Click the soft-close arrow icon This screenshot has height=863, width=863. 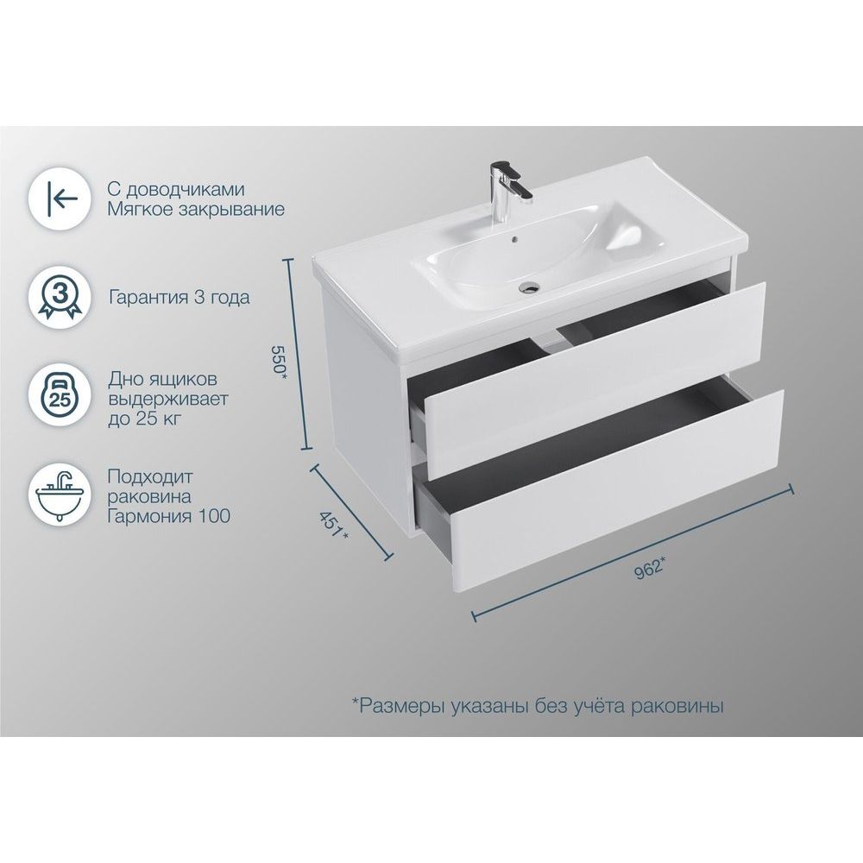pyautogui.click(x=61, y=198)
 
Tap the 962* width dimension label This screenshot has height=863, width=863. pyautogui.click(x=650, y=568)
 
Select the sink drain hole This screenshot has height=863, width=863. pyautogui.click(x=531, y=287)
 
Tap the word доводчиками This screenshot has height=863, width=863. pyautogui.click(x=186, y=190)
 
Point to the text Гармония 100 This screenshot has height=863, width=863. pyautogui.click(x=169, y=516)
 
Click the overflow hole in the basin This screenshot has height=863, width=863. pyautogui.click(x=514, y=239)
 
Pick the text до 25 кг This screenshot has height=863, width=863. pyautogui.click(x=144, y=419)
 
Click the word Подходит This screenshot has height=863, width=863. pyautogui.click(x=150, y=476)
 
